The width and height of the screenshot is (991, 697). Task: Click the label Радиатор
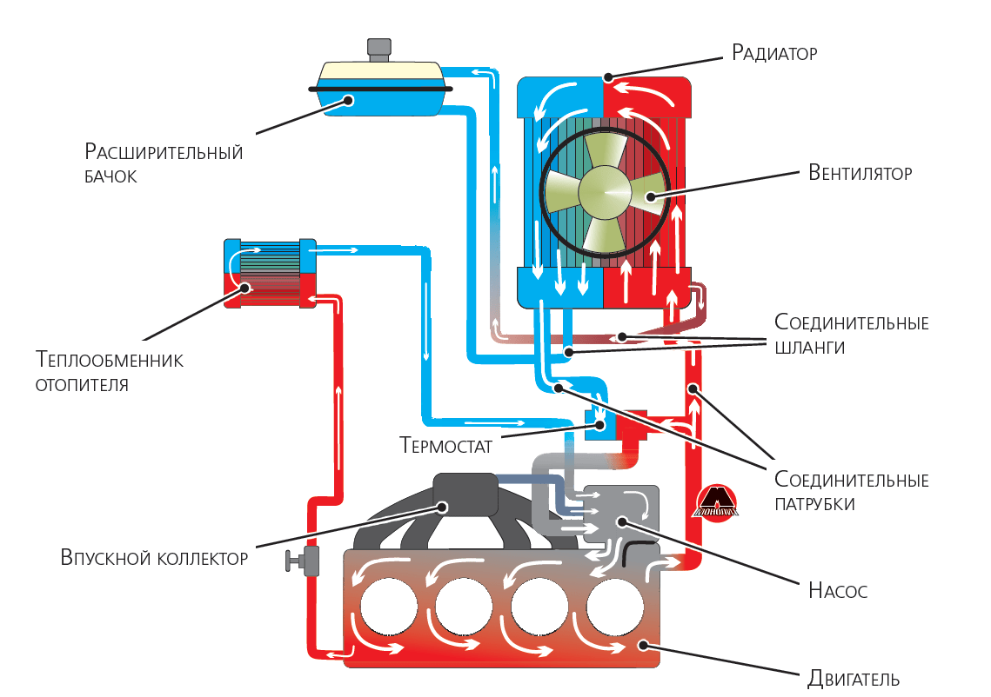pos(774,53)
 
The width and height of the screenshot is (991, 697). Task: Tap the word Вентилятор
pos(860,172)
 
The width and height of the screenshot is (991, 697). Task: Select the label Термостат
pos(446,447)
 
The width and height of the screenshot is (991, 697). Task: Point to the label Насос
pos(838,592)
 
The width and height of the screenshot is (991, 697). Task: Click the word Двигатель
pos(853,679)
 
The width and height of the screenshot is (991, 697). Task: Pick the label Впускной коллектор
pos(155,557)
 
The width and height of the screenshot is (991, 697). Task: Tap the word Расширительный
pos(164,153)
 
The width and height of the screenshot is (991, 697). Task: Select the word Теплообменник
pos(110,360)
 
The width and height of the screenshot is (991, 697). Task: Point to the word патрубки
pos(814,503)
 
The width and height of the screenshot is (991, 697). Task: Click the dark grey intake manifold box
pos(465,496)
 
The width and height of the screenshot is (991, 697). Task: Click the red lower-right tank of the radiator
pos(648,287)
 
